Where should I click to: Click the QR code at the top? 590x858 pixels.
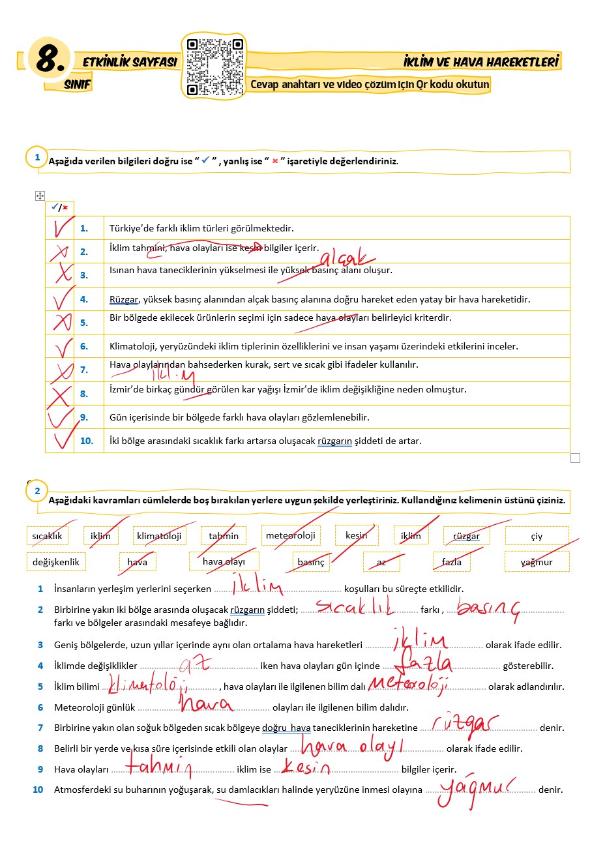[214, 67]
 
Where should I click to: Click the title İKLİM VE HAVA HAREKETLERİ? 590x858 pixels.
[481, 62]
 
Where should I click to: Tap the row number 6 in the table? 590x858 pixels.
[84, 346]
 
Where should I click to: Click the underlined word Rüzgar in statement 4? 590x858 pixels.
[124, 300]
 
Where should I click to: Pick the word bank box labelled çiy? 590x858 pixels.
[537, 536]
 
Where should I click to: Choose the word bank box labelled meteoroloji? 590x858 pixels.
[290, 535]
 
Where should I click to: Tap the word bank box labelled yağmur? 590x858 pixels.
[537, 562]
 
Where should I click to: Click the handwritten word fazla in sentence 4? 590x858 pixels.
[428, 662]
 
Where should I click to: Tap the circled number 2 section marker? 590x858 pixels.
[37, 491]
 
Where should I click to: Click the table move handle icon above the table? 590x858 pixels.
[40, 196]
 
